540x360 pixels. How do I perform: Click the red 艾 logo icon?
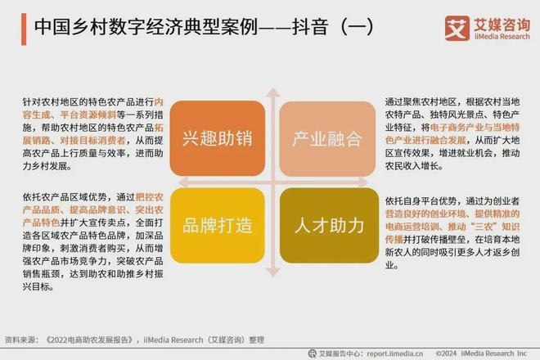(457, 27)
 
